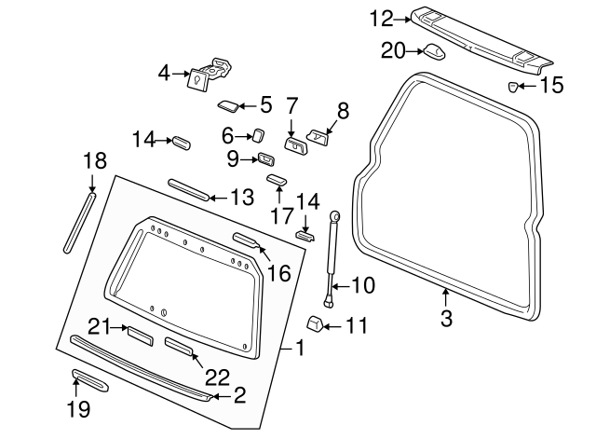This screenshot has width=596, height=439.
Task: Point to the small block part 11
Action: (x=314, y=324)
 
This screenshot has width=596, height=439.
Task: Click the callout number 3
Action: (x=445, y=319)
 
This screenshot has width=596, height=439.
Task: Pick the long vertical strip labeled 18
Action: (x=78, y=222)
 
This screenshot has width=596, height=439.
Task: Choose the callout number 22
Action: (x=216, y=376)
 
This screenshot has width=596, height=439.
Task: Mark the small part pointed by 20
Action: (x=434, y=51)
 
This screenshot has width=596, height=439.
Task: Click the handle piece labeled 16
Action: (x=248, y=241)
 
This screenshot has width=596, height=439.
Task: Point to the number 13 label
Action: (x=241, y=197)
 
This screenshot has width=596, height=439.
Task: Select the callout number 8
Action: (x=342, y=111)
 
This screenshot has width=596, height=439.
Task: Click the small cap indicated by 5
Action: (x=229, y=104)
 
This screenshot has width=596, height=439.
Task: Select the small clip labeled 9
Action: (x=264, y=158)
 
